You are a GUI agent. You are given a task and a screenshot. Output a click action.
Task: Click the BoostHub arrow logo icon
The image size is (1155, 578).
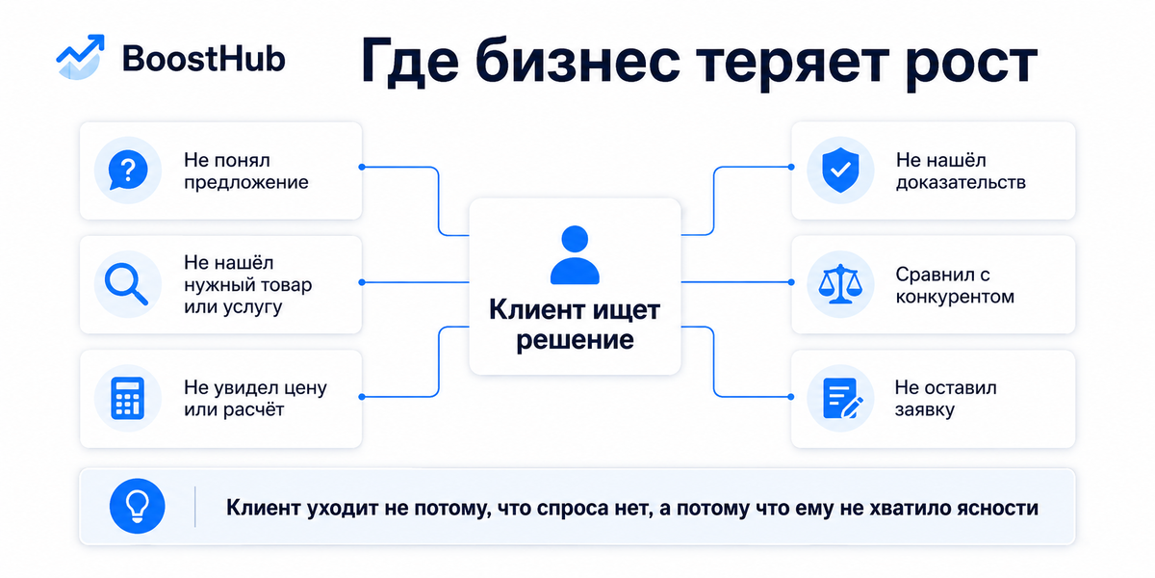[x=81, y=57]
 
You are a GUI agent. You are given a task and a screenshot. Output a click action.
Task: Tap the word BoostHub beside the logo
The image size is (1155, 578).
[x=204, y=59]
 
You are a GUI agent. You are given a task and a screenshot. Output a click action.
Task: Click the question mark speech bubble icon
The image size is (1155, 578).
[x=128, y=170]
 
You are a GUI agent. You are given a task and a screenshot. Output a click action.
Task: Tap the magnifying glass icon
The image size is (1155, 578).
[x=126, y=284]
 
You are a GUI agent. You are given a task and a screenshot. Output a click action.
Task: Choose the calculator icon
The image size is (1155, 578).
[x=128, y=398]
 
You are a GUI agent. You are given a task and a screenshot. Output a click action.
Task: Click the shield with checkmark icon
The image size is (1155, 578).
[x=840, y=170]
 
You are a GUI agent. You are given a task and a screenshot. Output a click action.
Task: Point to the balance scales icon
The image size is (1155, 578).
[x=840, y=284]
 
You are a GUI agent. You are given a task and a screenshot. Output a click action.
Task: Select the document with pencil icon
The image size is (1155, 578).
[x=842, y=399]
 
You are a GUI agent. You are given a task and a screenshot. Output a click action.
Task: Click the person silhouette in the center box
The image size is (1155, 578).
[x=575, y=255]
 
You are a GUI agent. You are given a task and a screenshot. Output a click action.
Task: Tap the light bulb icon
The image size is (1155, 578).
[x=137, y=506]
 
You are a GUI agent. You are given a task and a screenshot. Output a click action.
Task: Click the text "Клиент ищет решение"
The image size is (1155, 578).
[x=575, y=325]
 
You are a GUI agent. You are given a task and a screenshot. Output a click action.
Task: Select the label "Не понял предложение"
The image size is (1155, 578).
[x=246, y=171]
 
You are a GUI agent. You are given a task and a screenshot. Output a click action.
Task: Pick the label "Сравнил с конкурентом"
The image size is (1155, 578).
[x=955, y=285]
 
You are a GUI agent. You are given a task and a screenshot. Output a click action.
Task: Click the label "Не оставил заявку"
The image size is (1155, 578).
[x=945, y=399]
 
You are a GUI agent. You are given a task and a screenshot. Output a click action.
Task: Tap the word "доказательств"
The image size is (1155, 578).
[x=962, y=182]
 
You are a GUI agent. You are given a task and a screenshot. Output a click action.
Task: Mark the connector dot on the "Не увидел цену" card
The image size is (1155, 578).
[x=362, y=397]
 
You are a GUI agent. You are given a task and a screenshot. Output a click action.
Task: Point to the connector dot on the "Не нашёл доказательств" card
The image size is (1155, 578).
[x=791, y=167]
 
